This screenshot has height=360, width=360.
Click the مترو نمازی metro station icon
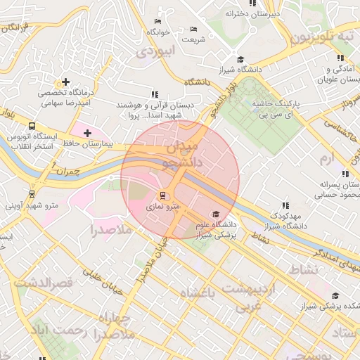[164, 195]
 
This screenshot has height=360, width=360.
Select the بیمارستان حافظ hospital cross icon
[86, 133]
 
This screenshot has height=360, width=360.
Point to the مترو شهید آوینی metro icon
[32, 194]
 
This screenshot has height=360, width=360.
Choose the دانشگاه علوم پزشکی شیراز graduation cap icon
[215, 214]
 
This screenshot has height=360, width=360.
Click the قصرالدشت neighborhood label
[44, 283]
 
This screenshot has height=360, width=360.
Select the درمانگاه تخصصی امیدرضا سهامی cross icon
[66, 82]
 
